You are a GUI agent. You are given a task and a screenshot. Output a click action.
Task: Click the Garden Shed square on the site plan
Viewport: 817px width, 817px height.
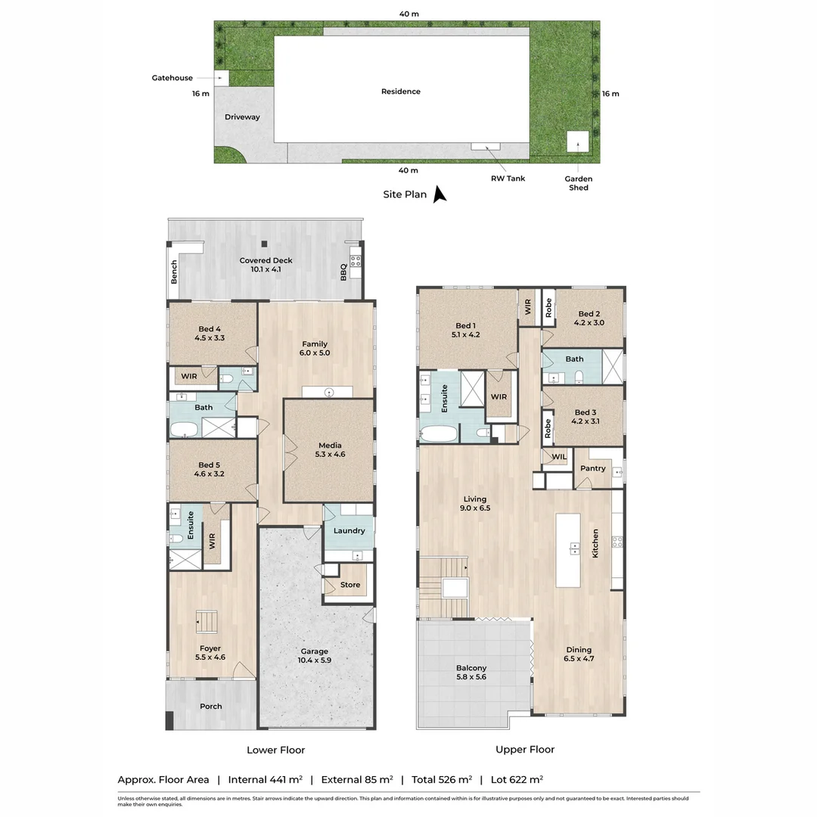coord(577,141)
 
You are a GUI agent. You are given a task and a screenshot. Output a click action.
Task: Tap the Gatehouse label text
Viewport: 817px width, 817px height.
coord(172,78)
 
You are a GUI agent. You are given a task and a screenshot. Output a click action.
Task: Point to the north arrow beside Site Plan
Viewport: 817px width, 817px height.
coord(440,194)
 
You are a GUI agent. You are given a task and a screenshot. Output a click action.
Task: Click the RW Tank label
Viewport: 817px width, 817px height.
coord(508,179)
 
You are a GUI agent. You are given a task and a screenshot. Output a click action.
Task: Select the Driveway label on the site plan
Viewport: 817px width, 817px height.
coord(242,116)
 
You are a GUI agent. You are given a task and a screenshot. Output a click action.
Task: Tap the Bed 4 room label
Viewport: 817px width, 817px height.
coord(210,329)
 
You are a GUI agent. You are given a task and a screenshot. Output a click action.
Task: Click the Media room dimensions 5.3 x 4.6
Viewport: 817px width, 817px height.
coord(330,455)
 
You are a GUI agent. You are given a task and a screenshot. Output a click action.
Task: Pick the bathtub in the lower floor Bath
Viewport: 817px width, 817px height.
coord(185,430)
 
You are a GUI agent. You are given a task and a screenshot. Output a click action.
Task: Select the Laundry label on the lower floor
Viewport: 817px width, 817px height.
coord(349,530)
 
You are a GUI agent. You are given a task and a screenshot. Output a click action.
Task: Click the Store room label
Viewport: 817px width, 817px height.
coord(350,585)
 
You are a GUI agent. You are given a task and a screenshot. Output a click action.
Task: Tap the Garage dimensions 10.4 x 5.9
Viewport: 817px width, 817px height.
coord(314,660)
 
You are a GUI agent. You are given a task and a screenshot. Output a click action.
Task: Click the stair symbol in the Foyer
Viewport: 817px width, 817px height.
coord(207,622)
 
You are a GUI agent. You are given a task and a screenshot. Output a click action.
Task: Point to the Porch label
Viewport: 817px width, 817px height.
coord(211,706)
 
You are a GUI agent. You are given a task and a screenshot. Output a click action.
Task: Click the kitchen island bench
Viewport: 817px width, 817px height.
coord(568,550)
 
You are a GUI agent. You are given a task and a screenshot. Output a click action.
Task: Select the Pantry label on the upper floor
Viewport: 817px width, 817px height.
coord(593,468)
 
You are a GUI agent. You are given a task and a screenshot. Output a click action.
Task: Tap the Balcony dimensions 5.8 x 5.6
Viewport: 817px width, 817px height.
coord(471,677)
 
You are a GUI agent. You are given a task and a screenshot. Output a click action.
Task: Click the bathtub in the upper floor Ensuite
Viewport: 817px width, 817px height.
coord(439,433)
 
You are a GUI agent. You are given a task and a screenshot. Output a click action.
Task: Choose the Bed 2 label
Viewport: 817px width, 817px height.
coord(589,314)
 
